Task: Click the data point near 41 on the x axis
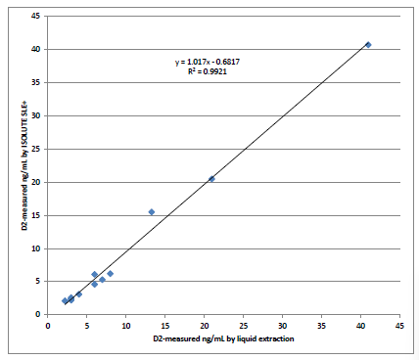pos(368,44)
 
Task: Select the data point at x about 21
pos(211,179)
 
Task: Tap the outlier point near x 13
pos(152,211)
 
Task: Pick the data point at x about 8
pos(111,274)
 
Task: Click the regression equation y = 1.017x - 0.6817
pos(208,62)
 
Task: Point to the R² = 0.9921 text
pos(208,71)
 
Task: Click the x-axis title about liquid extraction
pos(223,338)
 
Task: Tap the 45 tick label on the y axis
pos(35,17)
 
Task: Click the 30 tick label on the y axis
pos(35,115)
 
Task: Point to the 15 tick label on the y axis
pos(35,215)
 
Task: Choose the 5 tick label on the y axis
pos(37,282)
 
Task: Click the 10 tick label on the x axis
pos(126,325)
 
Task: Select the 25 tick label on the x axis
pos(244,325)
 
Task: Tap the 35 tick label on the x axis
pos(322,325)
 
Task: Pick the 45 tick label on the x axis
pos(400,325)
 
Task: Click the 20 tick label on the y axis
pos(35,182)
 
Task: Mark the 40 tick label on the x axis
pos(361,325)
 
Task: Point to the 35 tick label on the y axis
pos(35,82)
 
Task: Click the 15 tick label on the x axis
pos(165,325)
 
